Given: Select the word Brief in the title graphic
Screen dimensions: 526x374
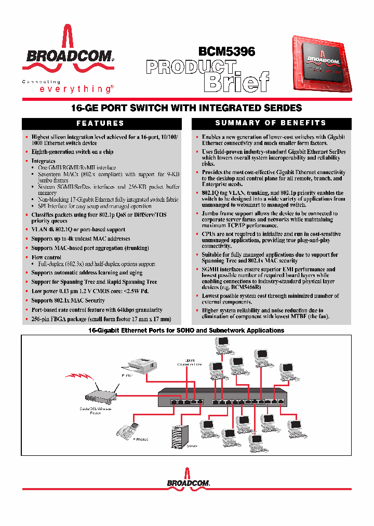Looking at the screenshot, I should pos(236,82).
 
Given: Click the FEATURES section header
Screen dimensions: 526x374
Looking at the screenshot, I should pos(100,123).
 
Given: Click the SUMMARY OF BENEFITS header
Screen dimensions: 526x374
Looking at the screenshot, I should pos(271,123).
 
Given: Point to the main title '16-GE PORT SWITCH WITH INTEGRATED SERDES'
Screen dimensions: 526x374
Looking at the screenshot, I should pos(186,108).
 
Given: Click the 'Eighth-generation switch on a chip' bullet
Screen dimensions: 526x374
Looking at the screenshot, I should pos(72,152).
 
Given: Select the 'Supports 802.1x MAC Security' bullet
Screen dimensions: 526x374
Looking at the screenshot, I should pos(68,300).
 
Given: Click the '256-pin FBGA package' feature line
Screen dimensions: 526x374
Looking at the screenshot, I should pos(101,319).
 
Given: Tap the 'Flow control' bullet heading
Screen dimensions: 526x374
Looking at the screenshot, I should pos(46,257).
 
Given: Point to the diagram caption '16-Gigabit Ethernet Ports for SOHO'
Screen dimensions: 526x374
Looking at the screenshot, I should pos(186,331).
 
